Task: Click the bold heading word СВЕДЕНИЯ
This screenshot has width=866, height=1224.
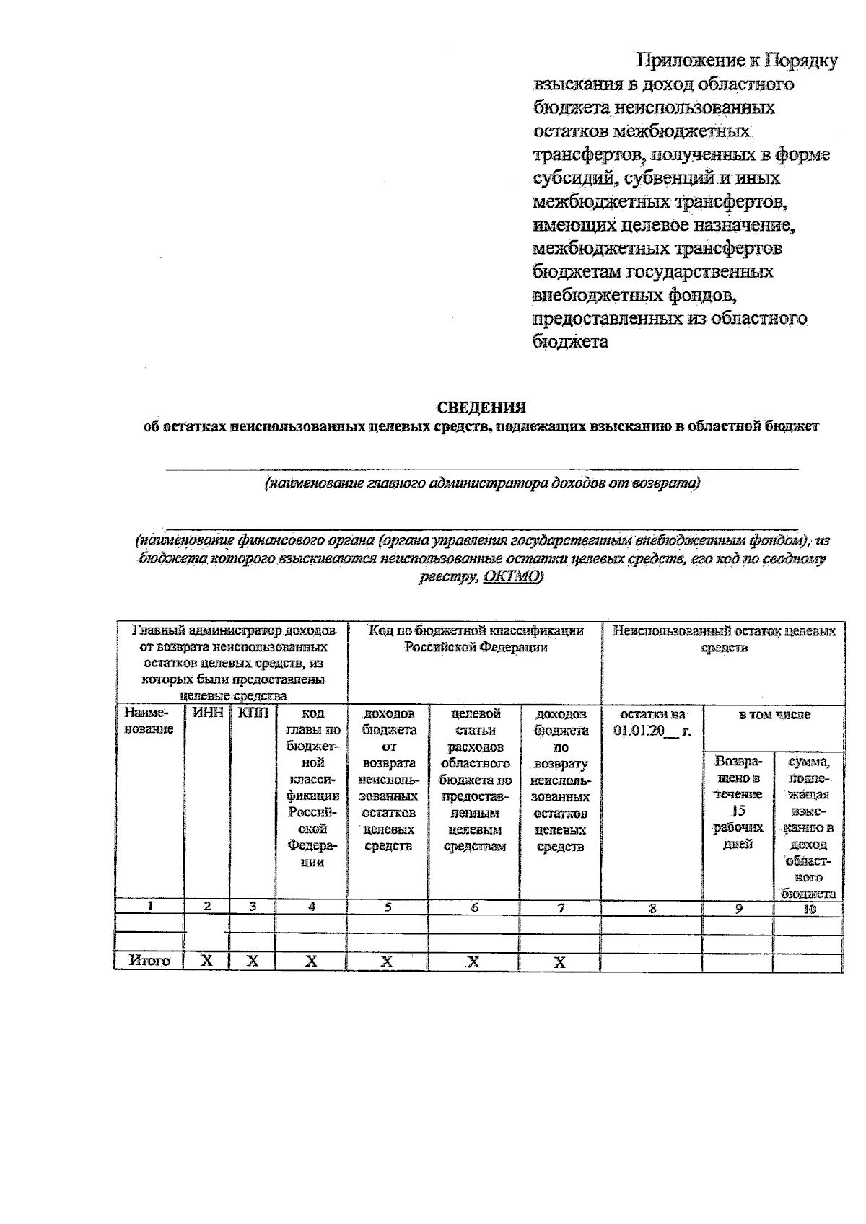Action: tap(481, 408)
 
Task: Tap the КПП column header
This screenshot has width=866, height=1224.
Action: tap(252, 713)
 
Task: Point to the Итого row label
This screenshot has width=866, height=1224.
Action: tap(149, 961)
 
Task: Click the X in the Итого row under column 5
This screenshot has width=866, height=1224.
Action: tap(387, 961)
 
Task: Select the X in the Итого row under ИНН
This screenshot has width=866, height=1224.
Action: tap(206, 961)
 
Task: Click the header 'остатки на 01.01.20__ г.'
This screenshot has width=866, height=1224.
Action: tap(652, 722)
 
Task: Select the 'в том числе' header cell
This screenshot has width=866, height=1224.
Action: tap(774, 715)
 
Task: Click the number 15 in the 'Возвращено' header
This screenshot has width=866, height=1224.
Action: tap(737, 811)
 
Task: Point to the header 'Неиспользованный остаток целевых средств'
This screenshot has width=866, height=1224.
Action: tap(724, 639)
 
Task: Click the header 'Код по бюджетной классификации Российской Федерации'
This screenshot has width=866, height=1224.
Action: tap(475, 639)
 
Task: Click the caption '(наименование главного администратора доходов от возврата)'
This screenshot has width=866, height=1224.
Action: tap(482, 483)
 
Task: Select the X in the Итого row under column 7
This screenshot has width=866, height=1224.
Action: tap(560, 961)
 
